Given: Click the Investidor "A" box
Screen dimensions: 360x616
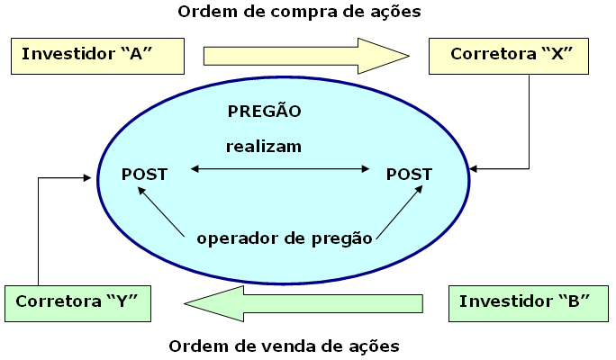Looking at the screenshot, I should [97, 56].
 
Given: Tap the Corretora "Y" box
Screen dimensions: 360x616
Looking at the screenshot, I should [76, 302].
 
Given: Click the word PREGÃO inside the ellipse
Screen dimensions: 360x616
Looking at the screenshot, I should [264, 112].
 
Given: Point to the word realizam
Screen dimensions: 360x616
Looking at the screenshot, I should [264, 146].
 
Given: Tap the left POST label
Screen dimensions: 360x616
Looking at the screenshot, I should [144, 175].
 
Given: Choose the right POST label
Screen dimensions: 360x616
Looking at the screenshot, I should [409, 175].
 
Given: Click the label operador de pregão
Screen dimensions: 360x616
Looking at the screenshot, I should [285, 238].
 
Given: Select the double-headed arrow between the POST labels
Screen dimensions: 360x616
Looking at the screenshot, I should [281, 168].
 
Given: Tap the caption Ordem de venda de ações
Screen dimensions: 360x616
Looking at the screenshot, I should [285, 346].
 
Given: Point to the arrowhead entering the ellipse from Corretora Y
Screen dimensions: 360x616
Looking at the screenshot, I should [92, 178].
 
